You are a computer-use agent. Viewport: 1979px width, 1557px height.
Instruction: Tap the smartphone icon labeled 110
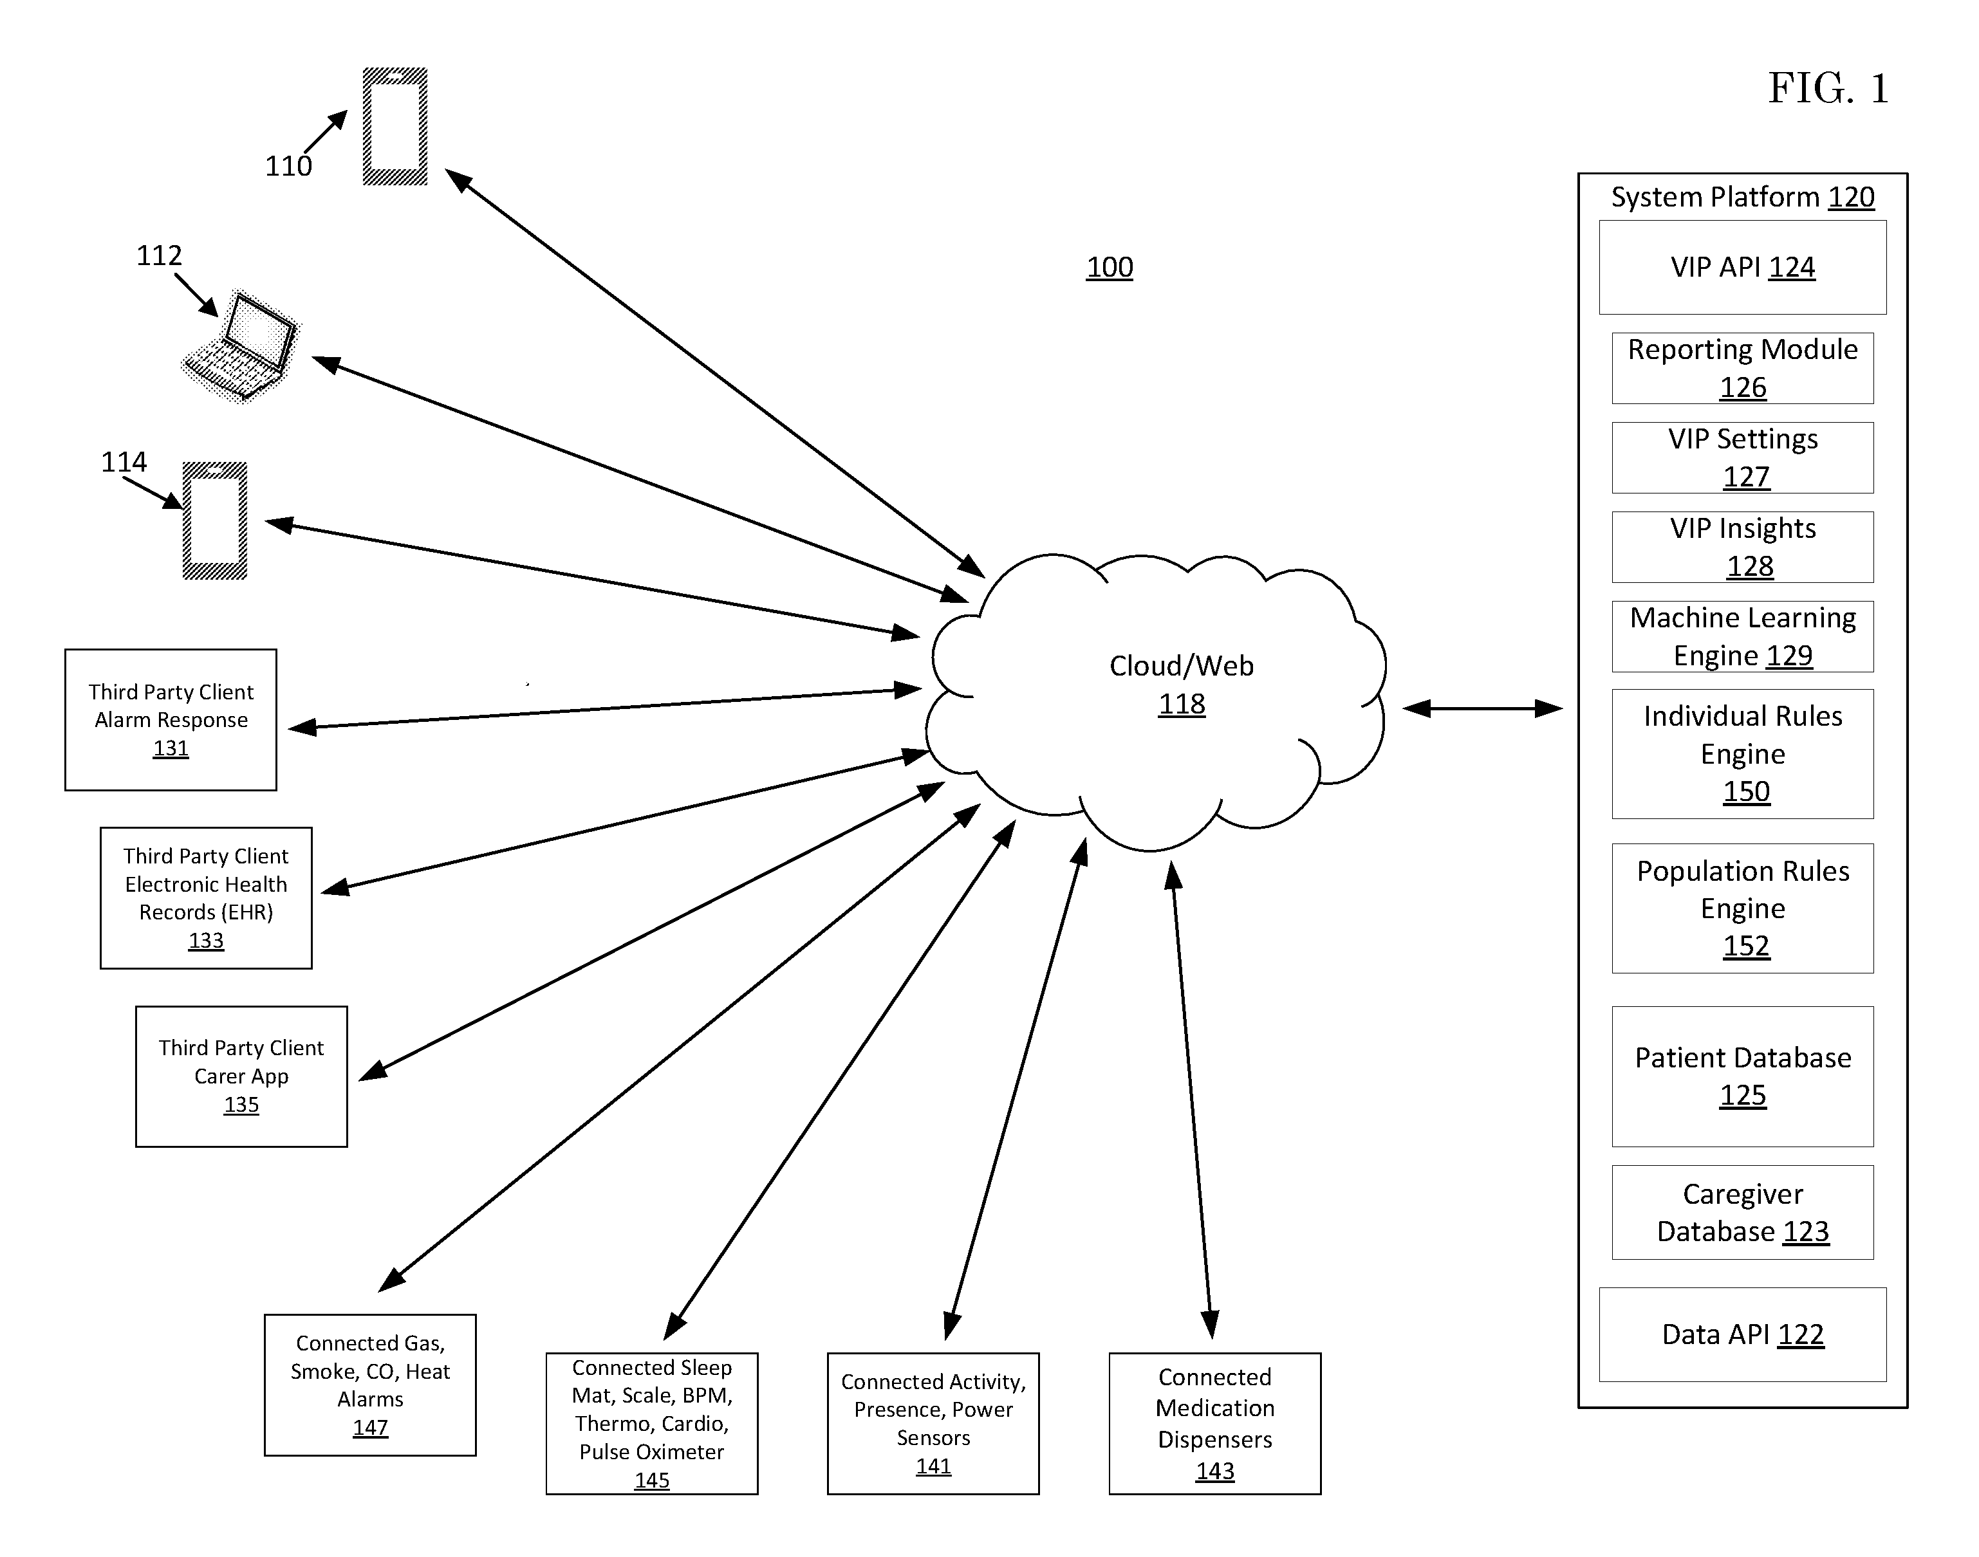[395, 127]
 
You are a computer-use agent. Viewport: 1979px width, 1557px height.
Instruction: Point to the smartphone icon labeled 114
[215, 521]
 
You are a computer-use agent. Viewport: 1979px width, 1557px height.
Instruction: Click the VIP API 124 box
[1742, 267]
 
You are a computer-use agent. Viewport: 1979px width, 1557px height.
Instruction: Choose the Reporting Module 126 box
[1742, 368]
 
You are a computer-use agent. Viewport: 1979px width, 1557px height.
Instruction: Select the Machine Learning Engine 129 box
[1742, 636]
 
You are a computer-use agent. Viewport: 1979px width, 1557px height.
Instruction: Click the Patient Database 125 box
[1742, 1076]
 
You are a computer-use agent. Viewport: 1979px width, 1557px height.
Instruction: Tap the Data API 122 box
[1742, 1334]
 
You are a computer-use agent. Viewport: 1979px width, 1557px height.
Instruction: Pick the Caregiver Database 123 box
[1742, 1212]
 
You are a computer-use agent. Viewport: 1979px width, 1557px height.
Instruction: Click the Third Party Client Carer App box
[242, 1076]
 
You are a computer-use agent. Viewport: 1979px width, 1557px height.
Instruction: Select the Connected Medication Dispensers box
[1215, 1423]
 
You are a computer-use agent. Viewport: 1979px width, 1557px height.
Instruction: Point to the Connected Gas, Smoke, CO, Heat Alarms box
[370, 1385]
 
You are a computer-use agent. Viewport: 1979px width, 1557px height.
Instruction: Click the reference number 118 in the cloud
[1182, 705]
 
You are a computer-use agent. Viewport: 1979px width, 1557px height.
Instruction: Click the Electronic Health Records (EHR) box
[206, 898]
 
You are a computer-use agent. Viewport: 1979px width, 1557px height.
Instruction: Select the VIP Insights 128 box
[1742, 547]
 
